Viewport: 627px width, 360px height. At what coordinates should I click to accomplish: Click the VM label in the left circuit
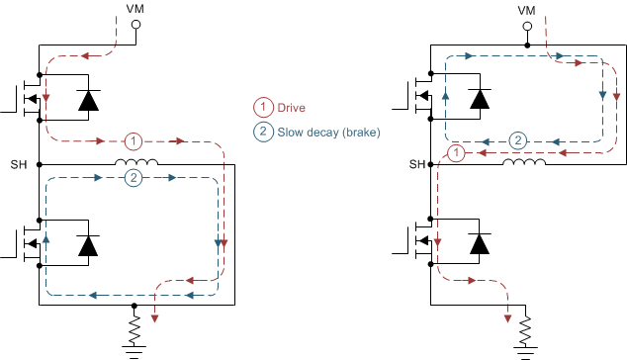136,8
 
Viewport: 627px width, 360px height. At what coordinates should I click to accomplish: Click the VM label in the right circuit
527,8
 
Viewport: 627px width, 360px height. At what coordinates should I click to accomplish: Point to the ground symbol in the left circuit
135,346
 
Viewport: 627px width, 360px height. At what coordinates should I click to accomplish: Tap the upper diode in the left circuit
88,99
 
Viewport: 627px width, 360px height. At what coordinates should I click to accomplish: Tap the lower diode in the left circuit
88,247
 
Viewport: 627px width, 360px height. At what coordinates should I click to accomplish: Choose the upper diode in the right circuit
481,99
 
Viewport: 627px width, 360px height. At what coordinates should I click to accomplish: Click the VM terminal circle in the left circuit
136,24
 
